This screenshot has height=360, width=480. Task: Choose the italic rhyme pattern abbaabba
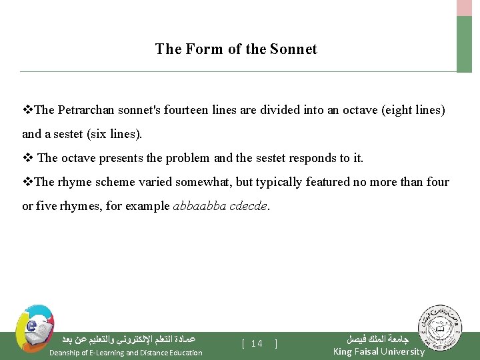click(x=199, y=206)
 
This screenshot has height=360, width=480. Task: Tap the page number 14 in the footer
click(x=257, y=344)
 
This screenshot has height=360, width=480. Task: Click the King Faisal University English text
click(x=378, y=351)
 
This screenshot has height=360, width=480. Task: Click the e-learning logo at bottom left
click(x=33, y=328)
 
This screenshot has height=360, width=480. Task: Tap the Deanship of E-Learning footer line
click(x=125, y=353)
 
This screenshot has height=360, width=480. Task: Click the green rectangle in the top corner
click(x=464, y=43)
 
